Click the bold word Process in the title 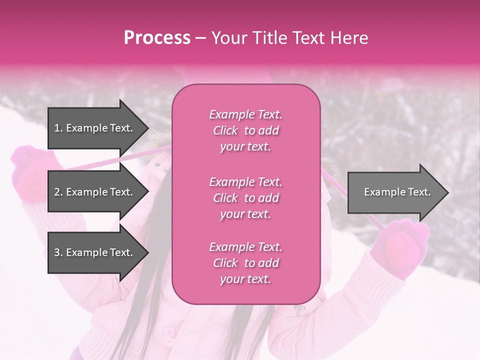(x=157, y=38)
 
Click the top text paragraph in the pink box (x=245, y=130)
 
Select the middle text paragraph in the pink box (x=245, y=198)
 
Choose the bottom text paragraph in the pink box (x=245, y=263)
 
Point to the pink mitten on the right (x=400, y=245)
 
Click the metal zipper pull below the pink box (x=300, y=311)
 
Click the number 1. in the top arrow (x=58, y=128)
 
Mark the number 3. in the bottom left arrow (x=58, y=252)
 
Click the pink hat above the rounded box (x=245, y=75)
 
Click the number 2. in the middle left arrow (x=58, y=192)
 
